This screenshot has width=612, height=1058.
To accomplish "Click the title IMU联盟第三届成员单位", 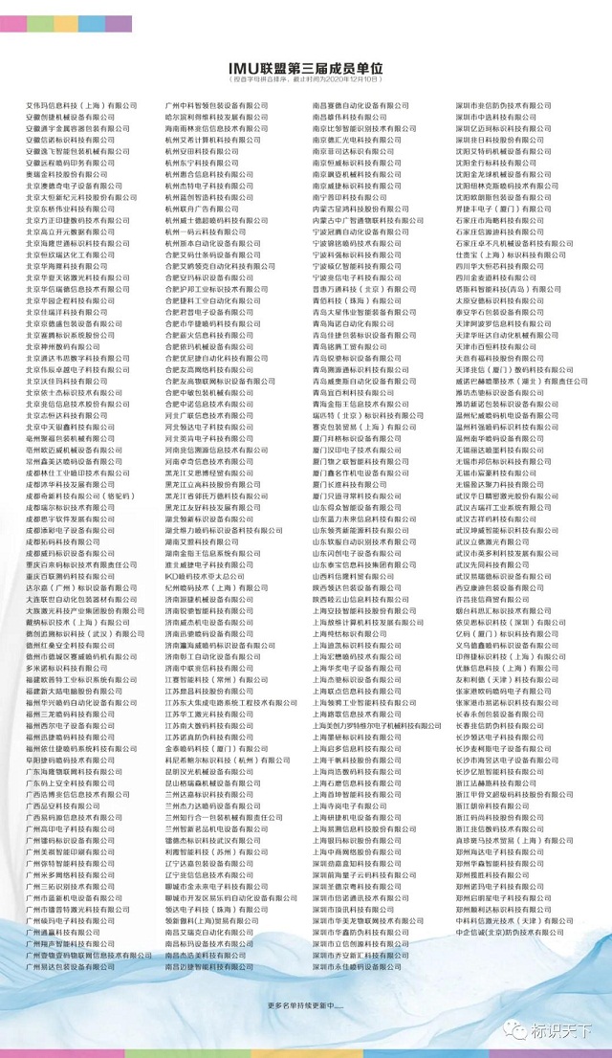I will [306, 69].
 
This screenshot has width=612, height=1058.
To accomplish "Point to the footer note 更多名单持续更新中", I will [305, 1005].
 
